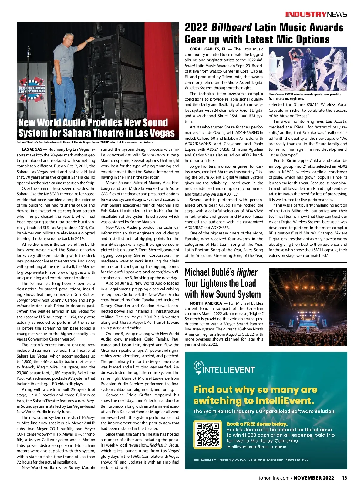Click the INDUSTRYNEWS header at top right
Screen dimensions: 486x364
316,14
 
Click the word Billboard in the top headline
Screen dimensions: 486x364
231,28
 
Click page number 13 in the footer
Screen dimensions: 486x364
344,478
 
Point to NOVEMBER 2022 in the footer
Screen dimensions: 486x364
314,478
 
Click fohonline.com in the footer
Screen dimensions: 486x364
274,478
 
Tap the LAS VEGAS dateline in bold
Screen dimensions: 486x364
32,149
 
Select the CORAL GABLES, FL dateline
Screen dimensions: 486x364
208,49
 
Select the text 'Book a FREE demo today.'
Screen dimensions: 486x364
257,424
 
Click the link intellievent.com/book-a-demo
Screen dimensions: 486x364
256,447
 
